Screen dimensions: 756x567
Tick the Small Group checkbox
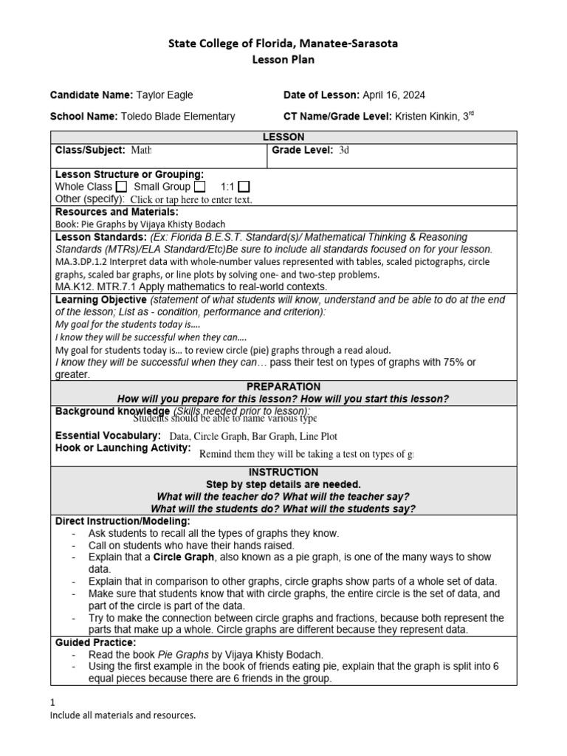point(200,187)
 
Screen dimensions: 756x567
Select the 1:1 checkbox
point(244,187)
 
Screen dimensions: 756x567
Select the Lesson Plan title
point(283,60)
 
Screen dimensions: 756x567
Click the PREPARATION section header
point(283,387)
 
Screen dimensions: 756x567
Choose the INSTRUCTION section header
point(283,472)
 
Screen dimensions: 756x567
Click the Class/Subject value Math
point(141,151)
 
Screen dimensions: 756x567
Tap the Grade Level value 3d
point(344,151)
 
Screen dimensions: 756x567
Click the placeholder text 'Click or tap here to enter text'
point(191,199)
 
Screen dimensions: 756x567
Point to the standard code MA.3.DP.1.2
point(83,261)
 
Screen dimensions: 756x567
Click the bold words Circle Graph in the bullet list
point(182,557)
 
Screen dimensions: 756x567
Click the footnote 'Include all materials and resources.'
point(123,715)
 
